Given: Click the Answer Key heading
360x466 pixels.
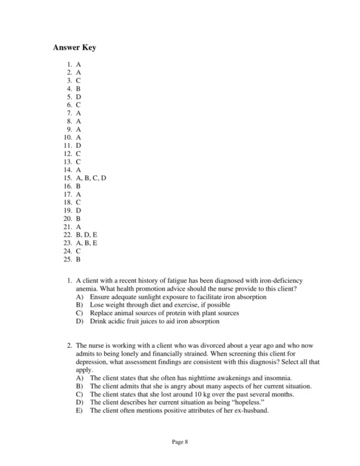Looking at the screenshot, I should [x=74, y=47].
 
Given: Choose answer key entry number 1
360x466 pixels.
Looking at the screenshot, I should [x=74, y=65].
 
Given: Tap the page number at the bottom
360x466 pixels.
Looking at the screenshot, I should [x=180, y=443].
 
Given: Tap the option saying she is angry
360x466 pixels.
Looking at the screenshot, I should [x=198, y=386].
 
